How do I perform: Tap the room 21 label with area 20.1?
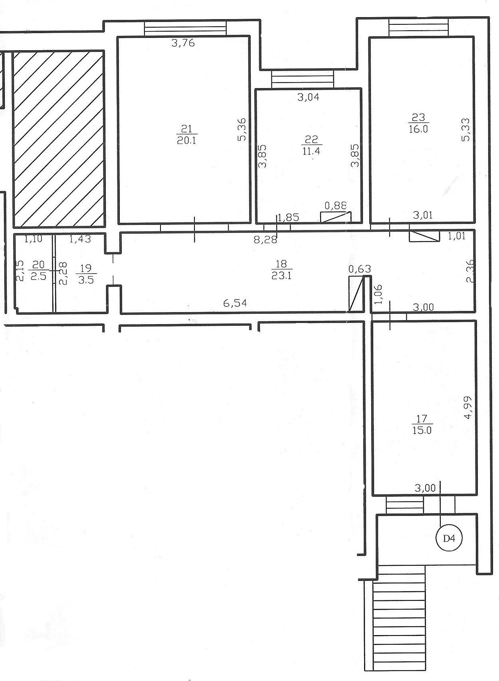pyautogui.click(x=187, y=135)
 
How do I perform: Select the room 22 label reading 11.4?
pyautogui.click(x=311, y=145)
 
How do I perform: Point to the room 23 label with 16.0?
pyautogui.click(x=419, y=123)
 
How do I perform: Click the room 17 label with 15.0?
pyautogui.click(x=422, y=425)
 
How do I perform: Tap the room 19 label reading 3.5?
pyautogui.click(x=86, y=274)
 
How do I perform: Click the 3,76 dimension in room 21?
pyautogui.click(x=183, y=43)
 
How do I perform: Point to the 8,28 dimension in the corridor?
pyautogui.click(x=266, y=240)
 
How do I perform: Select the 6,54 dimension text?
pyautogui.click(x=235, y=303)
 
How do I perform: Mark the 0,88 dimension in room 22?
pyautogui.click(x=336, y=206)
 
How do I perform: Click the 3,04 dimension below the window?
pyautogui.click(x=308, y=97)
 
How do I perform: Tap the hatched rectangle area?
pyautogui.click(x=59, y=139)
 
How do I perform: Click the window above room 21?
pyautogui.click(x=185, y=28)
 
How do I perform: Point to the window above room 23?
pyautogui.click(x=419, y=28)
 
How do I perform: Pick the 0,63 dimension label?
pyautogui.click(x=360, y=269)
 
